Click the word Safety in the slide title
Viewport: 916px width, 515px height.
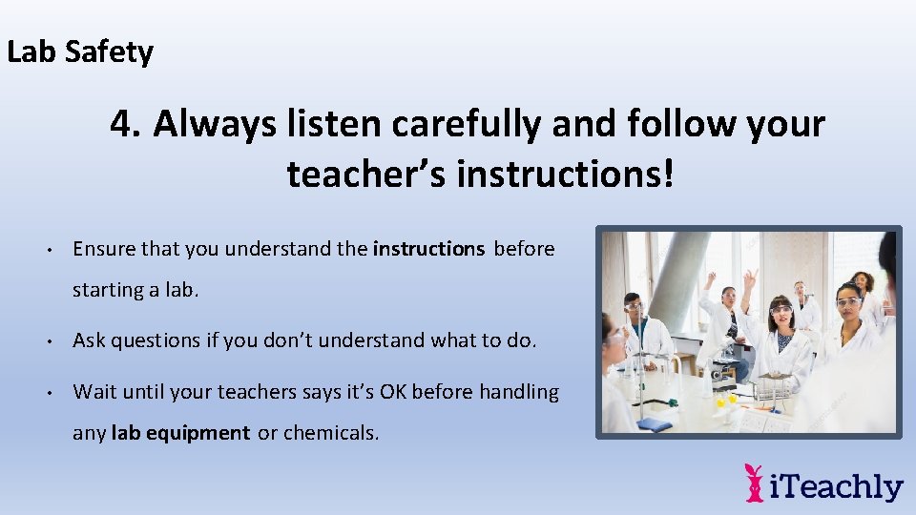pyautogui.click(x=109, y=51)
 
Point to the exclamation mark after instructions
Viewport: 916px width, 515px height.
pyautogui.click(x=668, y=174)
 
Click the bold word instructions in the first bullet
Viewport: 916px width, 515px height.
pyautogui.click(x=428, y=249)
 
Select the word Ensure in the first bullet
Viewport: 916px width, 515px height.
pyautogui.click(x=104, y=249)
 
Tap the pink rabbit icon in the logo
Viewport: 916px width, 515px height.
pyautogui.click(x=755, y=483)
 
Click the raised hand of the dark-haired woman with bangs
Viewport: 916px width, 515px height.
pyautogui.click(x=750, y=278)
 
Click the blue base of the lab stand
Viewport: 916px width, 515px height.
pyautogui.click(x=655, y=423)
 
